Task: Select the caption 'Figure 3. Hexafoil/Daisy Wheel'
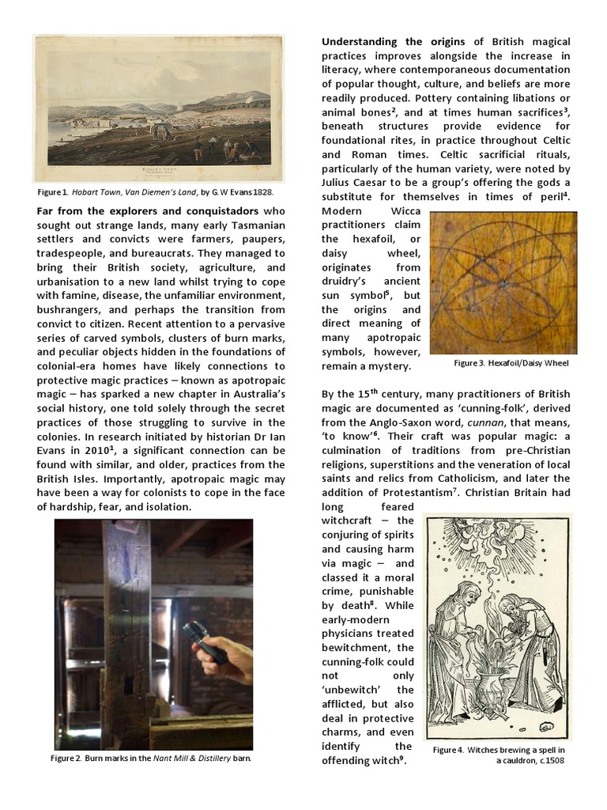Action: pyautogui.click(x=511, y=363)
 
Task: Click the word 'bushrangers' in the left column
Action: pyautogui.click(x=71, y=310)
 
